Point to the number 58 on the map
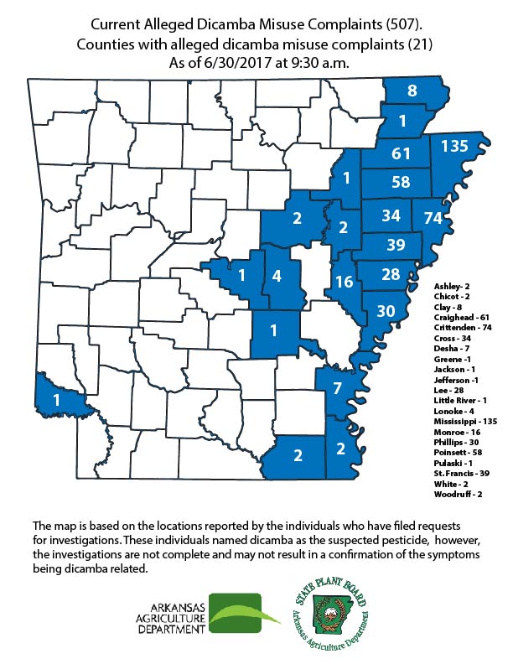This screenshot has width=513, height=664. [400, 182]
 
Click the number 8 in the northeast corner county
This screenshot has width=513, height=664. [412, 91]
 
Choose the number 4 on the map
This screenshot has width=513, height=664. [277, 275]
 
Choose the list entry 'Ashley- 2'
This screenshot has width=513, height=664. [451, 286]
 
